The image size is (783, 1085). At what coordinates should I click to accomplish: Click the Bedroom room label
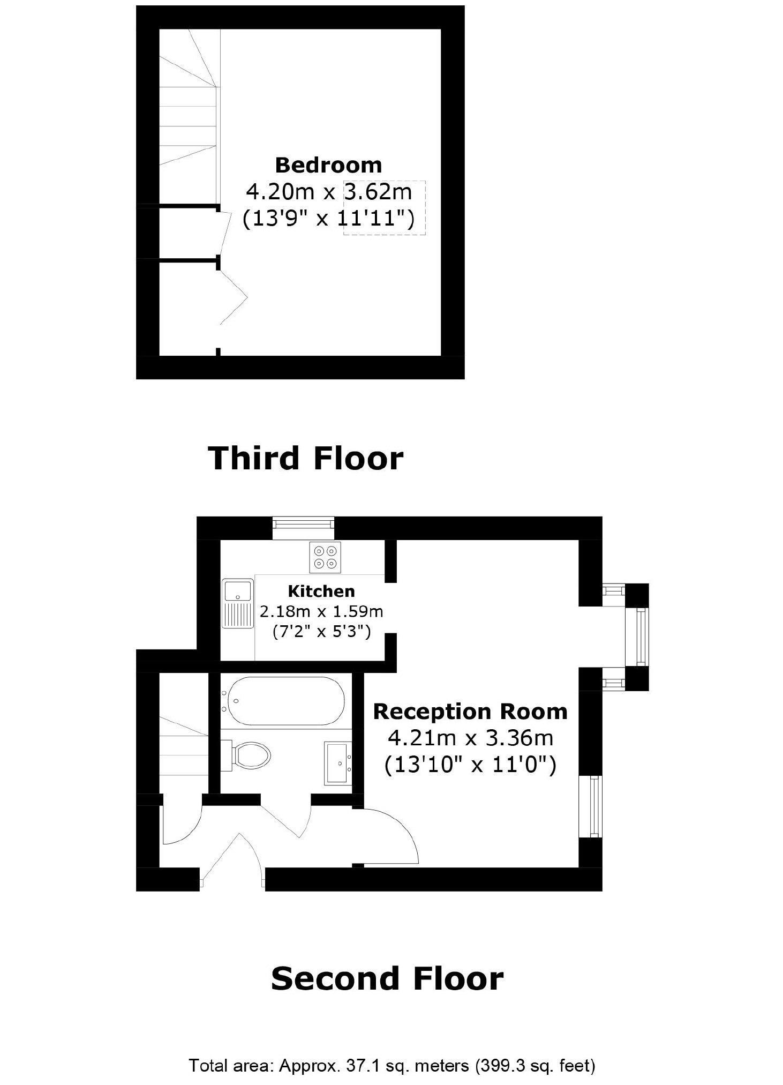(328, 165)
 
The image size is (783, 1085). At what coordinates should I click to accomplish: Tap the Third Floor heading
(305, 458)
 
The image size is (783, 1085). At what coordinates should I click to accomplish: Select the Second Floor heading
(387, 978)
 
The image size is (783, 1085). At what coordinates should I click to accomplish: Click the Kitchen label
(321, 591)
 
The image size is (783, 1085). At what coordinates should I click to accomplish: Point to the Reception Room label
(470, 712)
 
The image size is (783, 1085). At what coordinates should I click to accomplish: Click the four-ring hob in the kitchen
(325, 557)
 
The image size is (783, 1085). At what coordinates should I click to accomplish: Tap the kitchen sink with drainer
(238, 603)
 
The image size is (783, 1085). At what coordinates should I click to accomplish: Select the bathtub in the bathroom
(283, 701)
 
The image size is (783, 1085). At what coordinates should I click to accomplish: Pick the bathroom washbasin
(337, 764)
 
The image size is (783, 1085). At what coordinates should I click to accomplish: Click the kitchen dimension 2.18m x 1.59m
(321, 611)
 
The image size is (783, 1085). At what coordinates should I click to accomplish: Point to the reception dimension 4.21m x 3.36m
(470, 738)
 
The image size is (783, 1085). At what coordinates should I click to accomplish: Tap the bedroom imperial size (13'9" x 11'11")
(328, 219)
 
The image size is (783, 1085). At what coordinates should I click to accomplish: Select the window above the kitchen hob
(303, 528)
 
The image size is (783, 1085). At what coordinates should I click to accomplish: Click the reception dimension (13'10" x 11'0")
(470, 765)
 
